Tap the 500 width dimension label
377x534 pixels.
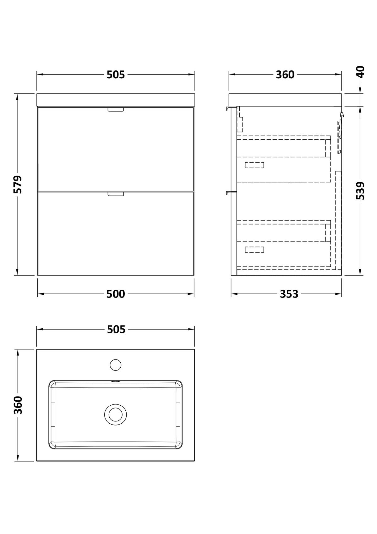116,294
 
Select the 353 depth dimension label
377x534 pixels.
289,294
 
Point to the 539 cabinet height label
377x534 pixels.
360,191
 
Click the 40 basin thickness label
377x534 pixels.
360,72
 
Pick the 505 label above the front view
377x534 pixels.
116,75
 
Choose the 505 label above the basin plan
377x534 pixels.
116,330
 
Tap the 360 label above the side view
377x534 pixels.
285,75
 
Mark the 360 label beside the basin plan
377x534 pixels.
18,405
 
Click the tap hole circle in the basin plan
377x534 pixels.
116,365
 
